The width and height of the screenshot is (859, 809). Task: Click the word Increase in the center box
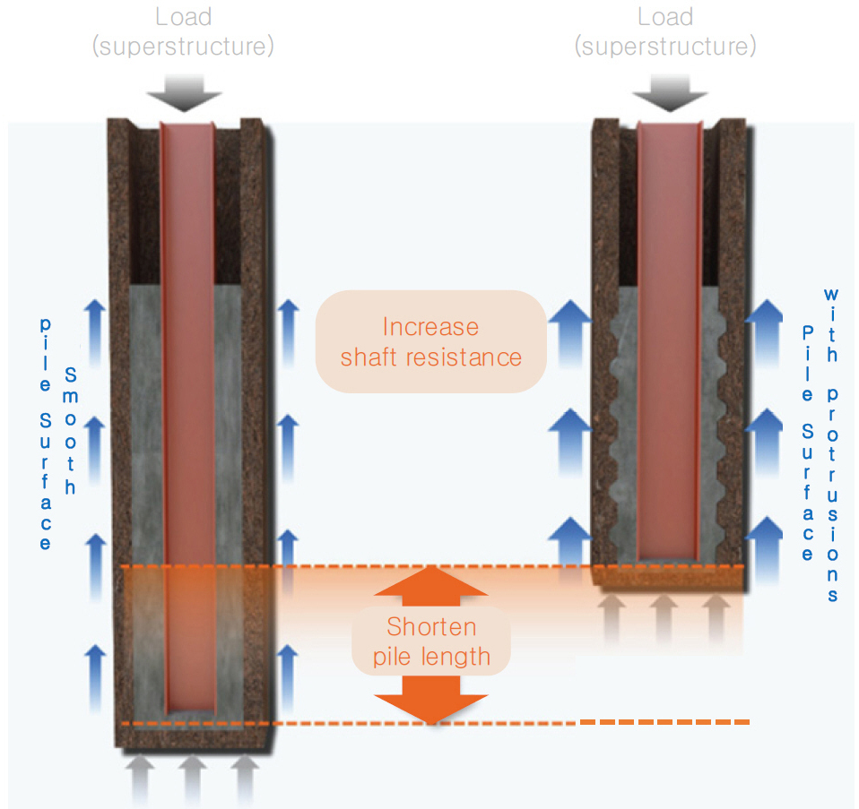(x=430, y=327)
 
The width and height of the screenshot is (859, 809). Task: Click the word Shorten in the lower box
(x=431, y=627)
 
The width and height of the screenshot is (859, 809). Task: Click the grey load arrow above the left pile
(x=184, y=93)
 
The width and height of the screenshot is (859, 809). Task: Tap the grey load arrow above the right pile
(x=670, y=93)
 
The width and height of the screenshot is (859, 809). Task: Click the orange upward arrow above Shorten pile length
(x=431, y=586)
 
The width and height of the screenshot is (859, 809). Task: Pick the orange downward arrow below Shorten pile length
(x=431, y=700)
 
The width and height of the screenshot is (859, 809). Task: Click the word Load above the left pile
(x=184, y=17)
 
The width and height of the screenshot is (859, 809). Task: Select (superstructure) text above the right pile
(x=665, y=46)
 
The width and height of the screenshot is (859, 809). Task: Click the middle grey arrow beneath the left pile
(x=192, y=780)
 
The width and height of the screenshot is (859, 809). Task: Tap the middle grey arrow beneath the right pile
(x=664, y=618)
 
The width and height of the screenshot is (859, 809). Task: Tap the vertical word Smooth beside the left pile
(x=71, y=431)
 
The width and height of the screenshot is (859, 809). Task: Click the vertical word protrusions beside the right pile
(x=833, y=495)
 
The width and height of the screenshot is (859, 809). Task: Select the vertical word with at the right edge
(x=831, y=325)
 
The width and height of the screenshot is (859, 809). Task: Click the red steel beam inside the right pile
(x=670, y=340)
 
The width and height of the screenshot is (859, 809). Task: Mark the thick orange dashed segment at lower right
(x=664, y=722)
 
